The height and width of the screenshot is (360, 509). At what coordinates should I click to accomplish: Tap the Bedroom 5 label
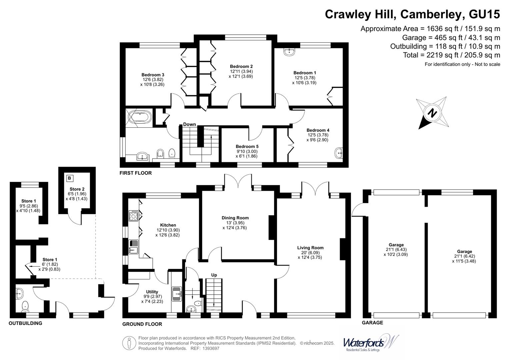pyautogui.click(x=247, y=146)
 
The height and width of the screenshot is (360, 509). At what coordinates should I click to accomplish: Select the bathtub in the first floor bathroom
pyautogui.click(x=140, y=117)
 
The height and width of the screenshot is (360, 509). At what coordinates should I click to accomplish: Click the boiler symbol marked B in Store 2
pyautogui.click(x=69, y=178)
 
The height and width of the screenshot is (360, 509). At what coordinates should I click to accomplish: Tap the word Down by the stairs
pyautogui.click(x=189, y=124)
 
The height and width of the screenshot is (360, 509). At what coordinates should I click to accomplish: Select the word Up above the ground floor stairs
pyautogui.click(x=214, y=275)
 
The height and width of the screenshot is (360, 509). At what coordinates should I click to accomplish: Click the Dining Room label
pyautogui.click(x=235, y=218)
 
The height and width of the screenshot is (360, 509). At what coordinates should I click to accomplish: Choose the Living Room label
pyautogui.click(x=310, y=248)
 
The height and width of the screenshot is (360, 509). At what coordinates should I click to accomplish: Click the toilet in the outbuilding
pyautogui.click(x=25, y=306)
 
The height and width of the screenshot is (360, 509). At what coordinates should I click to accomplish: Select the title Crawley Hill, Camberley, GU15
pyautogui.click(x=412, y=14)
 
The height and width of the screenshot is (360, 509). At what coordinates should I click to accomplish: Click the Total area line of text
pyautogui.click(x=451, y=55)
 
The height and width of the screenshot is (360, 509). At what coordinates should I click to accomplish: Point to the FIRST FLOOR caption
pyautogui.click(x=136, y=173)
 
